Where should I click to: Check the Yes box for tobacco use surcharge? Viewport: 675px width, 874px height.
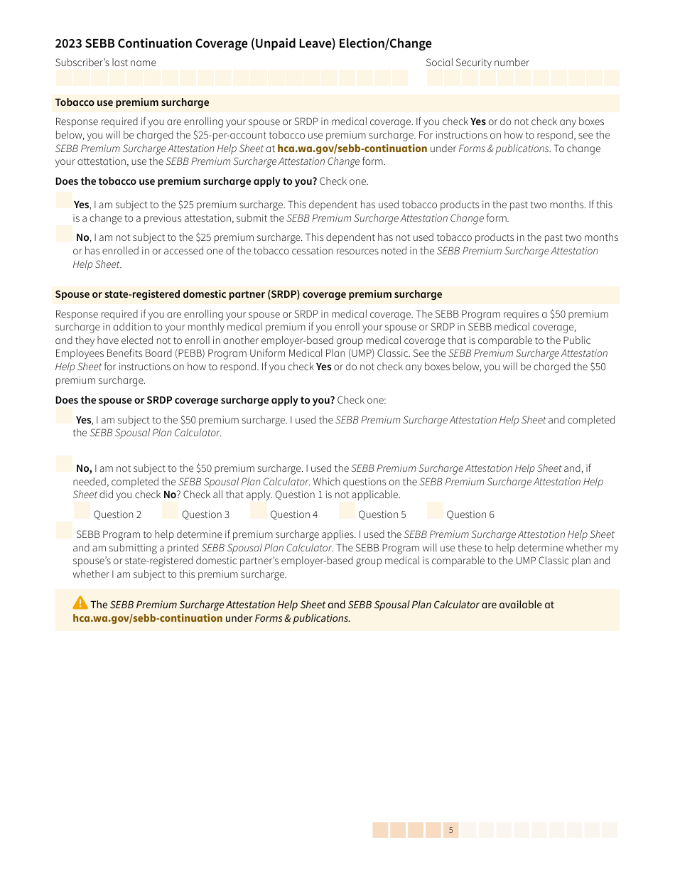click(x=64, y=200)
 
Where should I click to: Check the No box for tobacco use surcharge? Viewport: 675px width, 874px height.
click(x=64, y=233)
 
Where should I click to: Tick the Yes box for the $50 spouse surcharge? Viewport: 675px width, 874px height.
click(x=64, y=416)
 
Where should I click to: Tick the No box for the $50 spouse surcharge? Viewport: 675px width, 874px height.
click(x=64, y=463)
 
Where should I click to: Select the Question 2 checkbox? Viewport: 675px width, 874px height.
click(x=82, y=510)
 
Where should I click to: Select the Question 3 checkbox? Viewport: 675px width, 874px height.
click(x=170, y=510)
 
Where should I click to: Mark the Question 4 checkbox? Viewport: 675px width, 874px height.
click(x=258, y=510)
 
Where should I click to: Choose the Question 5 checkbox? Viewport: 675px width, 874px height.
click(x=347, y=510)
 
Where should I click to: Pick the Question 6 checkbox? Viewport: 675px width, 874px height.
click(x=435, y=510)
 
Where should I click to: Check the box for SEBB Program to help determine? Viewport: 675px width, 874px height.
click(x=64, y=530)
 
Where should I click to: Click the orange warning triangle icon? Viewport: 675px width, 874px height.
click(x=80, y=603)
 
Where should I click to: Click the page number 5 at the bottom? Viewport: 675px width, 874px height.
click(x=450, y=830)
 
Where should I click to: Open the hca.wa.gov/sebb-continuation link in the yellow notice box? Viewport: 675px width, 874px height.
click(x=148, y=618)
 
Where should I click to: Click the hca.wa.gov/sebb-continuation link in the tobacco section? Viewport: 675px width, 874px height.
click(x=352, y=149)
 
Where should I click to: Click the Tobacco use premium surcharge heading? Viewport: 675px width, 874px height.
click(x=132, y=103)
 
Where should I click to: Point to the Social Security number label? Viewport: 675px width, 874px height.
click(x=477, y=63)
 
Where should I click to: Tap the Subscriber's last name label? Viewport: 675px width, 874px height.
click(x=105, y=63)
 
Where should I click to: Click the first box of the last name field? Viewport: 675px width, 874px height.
click(x=64, y=78)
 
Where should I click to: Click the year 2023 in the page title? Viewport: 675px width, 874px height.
click(x=69, y=43)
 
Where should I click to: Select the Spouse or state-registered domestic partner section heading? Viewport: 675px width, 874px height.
click(x=249, y=294)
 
